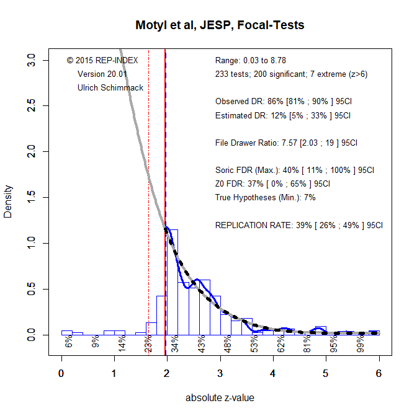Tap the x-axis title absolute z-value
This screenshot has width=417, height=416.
pyautogui.click(x=220, y=398)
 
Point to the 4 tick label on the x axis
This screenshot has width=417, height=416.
pyautogui.click(x=273, y=373)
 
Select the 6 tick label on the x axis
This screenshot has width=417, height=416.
pyautogui.click(x=379, y=373)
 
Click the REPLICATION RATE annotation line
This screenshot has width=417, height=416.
pyautogui.click(x=299, y=225)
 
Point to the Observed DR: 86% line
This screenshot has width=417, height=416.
pyautogui.click(x=284, y=101)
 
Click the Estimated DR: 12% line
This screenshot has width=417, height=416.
pyautogui.click(x=283, y=115)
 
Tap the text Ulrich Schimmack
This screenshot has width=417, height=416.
pyautogui.click(x=110, y=87)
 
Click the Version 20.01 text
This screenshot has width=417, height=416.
pyautogui.click(x=102, y=74)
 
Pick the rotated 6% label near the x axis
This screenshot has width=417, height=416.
pyautogui.click(x=69, y=342)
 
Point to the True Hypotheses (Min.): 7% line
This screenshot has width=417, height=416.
pyautogui.click(x=266, y=197)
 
